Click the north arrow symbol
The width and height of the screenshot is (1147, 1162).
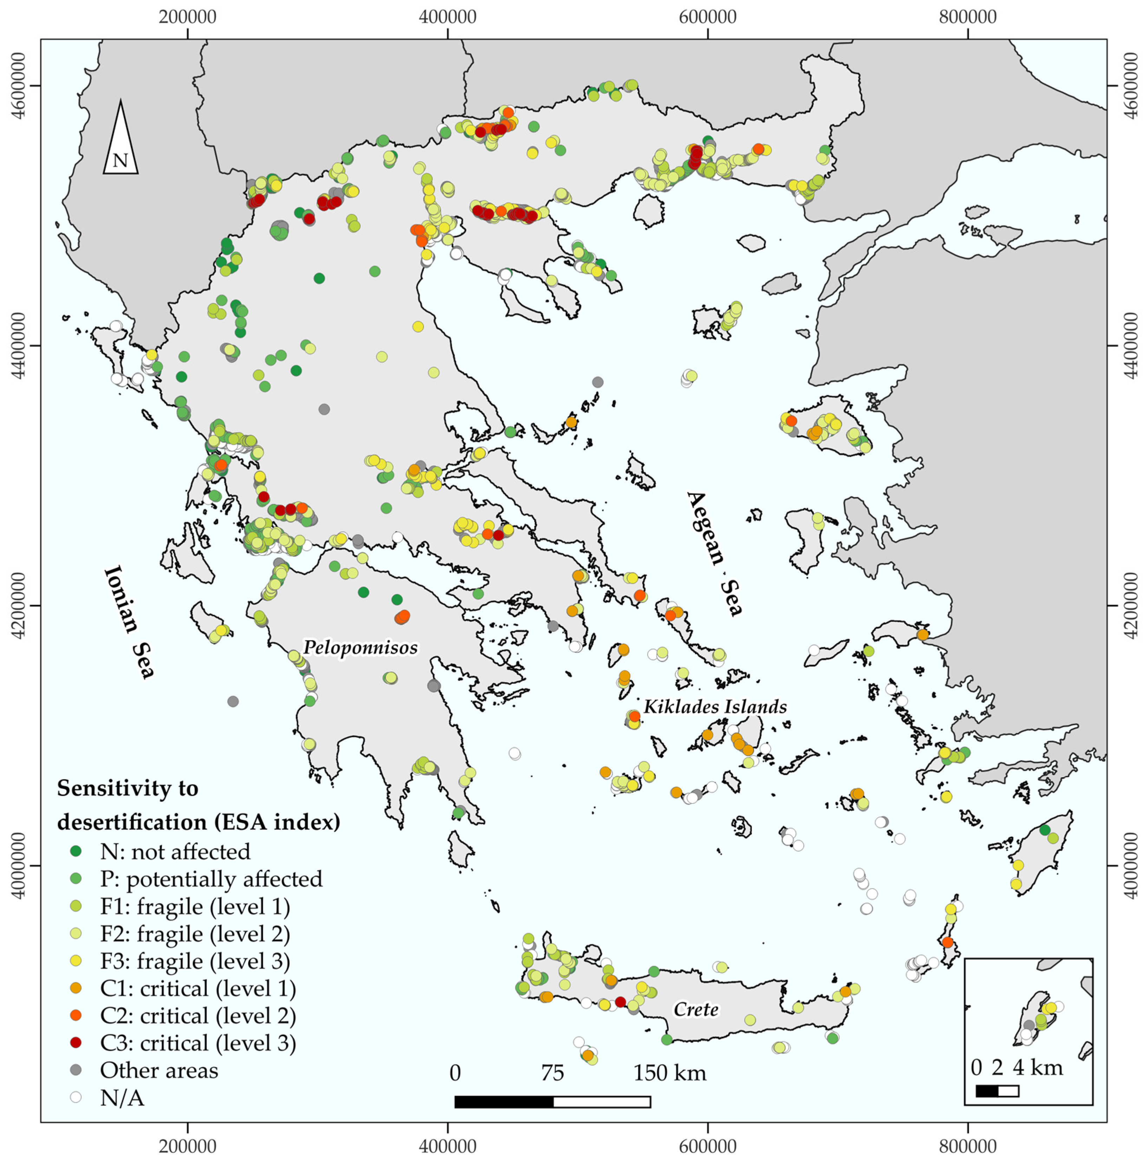120,138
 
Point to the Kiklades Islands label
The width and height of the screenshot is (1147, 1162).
715,706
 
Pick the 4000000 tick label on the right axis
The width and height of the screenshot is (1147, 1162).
1131,866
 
